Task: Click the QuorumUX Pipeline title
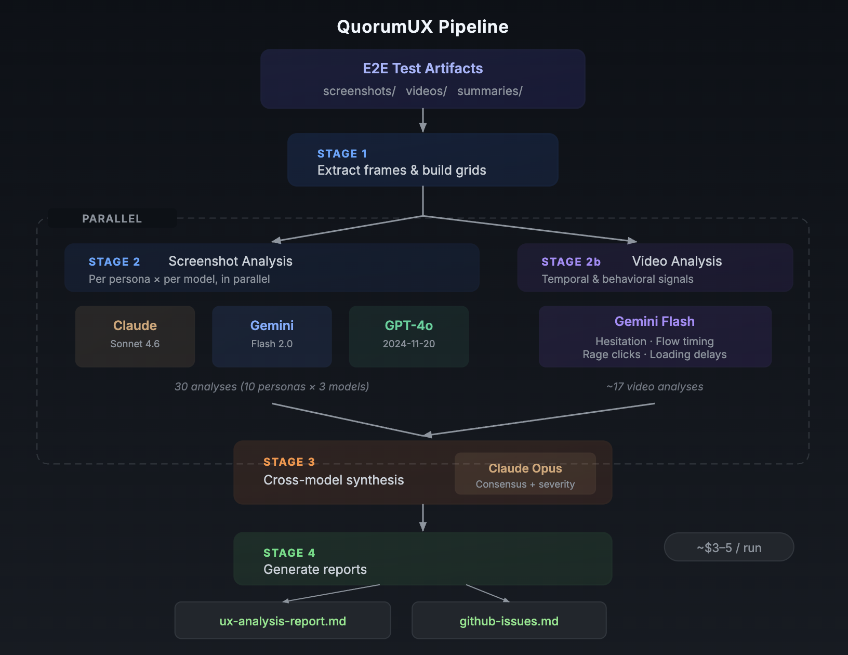pyautogui.click(x=422, y=27)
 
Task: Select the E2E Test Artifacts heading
pyautogui.click(x=422, y=68)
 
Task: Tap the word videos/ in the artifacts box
pyautogui.click(x=426, y=91)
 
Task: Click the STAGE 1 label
pyautogui.click(x=342, y=154)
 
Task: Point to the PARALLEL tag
pyautogui.click(x=112, y=218)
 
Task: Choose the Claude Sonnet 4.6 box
pyautogui.click(x=135, y=336)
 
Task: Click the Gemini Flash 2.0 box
pyautogui.click(x=272, y=336)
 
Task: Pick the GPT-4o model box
pyautogui.click(x=409, y=336)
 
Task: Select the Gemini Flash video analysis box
pyautogui.click(x=655, y=336)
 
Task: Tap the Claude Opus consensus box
pyautogui.click(x=525, y=474)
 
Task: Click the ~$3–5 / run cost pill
pyautogui.click(x=728, y=547)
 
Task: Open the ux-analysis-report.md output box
pyautogui.click(x=283, y=621)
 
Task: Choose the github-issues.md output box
pyautogui.click(x=509, y=621)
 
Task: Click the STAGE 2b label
pyautogui.click(x=571, y=262)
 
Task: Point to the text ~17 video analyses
pyautogui.click(x=654, y=387)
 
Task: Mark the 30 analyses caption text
pyautogui.click(x=272, y=387)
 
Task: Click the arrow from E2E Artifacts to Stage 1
pyautogui.click(x=423, y=121)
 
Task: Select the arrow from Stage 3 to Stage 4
pyautogui.click(x=423, y=518)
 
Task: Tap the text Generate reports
pyautogui.click(x=315, y=570)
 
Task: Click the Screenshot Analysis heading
pyautogui.click(x=230, y=261)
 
